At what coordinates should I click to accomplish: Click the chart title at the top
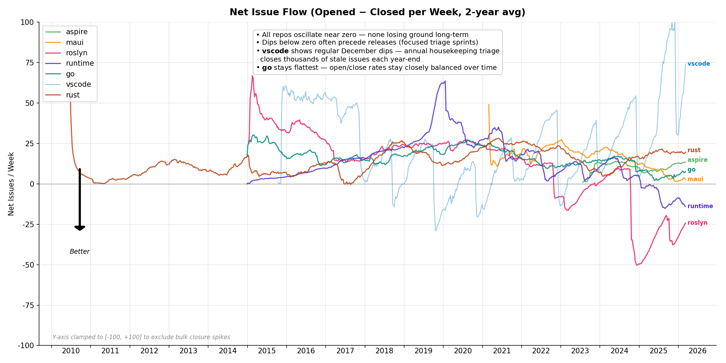(377, 12)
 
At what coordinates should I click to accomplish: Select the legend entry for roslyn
(76, 53)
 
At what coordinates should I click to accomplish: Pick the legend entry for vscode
(78, 84)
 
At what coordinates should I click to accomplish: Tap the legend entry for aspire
(77, 32)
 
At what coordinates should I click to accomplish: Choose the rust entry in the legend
(73, 95)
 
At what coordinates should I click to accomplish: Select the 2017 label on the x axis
(345, 351)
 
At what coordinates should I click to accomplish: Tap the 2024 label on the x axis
(619, 351)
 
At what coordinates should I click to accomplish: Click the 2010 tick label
(71, 351)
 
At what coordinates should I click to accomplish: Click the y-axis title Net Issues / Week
(11, 184)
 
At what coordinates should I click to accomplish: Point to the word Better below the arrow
(80, 252)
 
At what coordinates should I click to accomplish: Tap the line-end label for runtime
(700, 206)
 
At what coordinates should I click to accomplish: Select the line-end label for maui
(695, 179)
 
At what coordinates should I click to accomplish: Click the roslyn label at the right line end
(697, 223)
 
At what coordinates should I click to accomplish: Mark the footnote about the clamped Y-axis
(141, 337)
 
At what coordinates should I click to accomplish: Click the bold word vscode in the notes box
(275, 51)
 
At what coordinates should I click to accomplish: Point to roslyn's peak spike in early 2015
(252, 76)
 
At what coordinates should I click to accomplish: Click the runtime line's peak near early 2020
(445, 81)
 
